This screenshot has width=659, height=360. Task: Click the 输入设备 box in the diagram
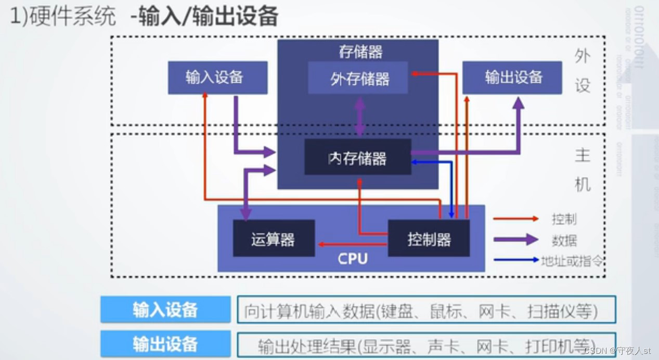(x=217, y=78)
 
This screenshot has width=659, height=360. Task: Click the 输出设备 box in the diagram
(x=512, y=78)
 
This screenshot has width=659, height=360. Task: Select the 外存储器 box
(x=358, y=79)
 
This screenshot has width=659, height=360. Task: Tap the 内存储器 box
(x=358, y=157)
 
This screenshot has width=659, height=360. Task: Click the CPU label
(x=352, y=259)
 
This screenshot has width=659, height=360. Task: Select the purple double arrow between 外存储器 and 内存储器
(x=359, y=117)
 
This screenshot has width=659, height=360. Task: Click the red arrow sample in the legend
(x=515, y=219)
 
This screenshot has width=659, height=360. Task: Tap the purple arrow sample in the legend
(x=515, y=240)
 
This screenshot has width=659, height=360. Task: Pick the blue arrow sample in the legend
(x=515, y=260)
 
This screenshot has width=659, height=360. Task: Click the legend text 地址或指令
(x=572, y=260)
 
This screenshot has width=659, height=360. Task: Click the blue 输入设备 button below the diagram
(x=165, y=310)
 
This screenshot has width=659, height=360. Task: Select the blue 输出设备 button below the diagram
(x=165, y=344)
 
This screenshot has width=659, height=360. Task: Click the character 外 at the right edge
(x=583, y=56)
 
